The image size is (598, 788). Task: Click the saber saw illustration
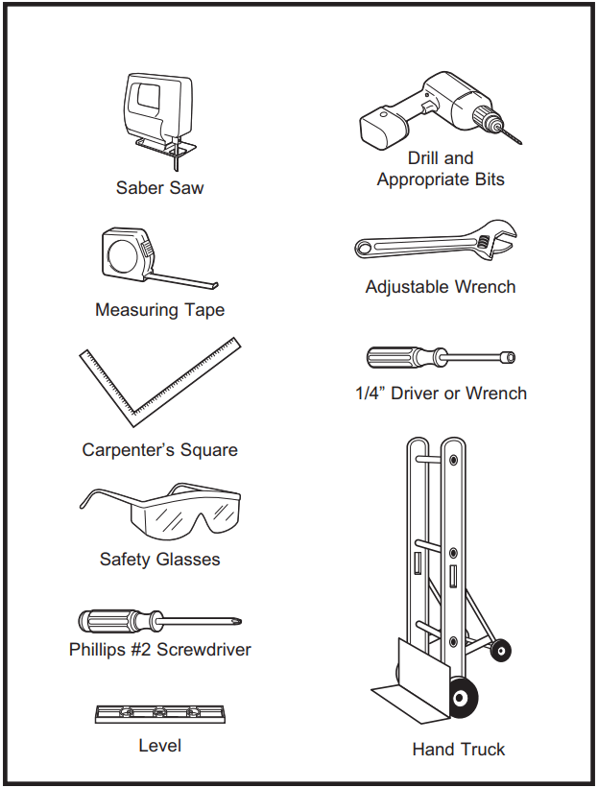[160, 110]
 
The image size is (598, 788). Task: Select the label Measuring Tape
[159, 310]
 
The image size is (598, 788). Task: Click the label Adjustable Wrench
[441, 287]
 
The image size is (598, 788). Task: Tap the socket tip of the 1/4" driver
[508, 358]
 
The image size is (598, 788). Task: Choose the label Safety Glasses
[159, 560]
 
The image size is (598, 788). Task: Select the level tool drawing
[159, 714]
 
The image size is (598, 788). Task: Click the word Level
[159, 745]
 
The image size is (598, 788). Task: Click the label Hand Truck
[458, 749]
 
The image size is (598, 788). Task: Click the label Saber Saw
[159, 188]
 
